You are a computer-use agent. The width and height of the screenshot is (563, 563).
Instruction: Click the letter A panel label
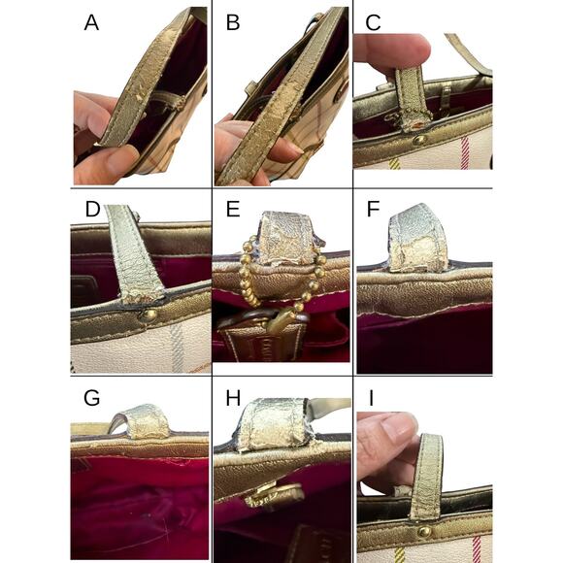[x=91, y=22]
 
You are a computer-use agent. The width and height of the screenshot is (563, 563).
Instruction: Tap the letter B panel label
[x=233, y=22]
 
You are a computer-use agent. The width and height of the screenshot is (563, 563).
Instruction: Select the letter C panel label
[x=373, y=22]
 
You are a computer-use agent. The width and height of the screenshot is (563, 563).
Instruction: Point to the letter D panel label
[x=92, y=209]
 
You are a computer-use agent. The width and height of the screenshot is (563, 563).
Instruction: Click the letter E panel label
[x=233, y=209]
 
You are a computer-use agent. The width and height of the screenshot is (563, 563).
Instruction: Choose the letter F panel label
[x=374, y=209]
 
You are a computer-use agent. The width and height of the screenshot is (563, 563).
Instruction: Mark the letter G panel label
[x=91, y=398]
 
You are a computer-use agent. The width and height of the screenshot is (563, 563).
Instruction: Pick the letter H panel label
[x=233, y=398]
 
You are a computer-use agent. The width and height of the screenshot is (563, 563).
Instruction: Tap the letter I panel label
[x=371, y=398]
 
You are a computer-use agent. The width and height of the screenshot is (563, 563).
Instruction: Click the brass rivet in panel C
[x=418, y=140]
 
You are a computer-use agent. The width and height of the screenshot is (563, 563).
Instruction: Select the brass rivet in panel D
[x=149, y=315]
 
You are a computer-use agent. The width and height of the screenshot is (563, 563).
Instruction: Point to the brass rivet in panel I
[x=424, y=531]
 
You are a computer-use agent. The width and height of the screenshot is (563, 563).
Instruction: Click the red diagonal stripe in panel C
[x=465, y=152]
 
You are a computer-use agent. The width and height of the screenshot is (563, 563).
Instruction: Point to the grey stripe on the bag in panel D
[x=177, y=348]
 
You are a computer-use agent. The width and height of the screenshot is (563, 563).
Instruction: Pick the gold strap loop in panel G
[x=140, y=422]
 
